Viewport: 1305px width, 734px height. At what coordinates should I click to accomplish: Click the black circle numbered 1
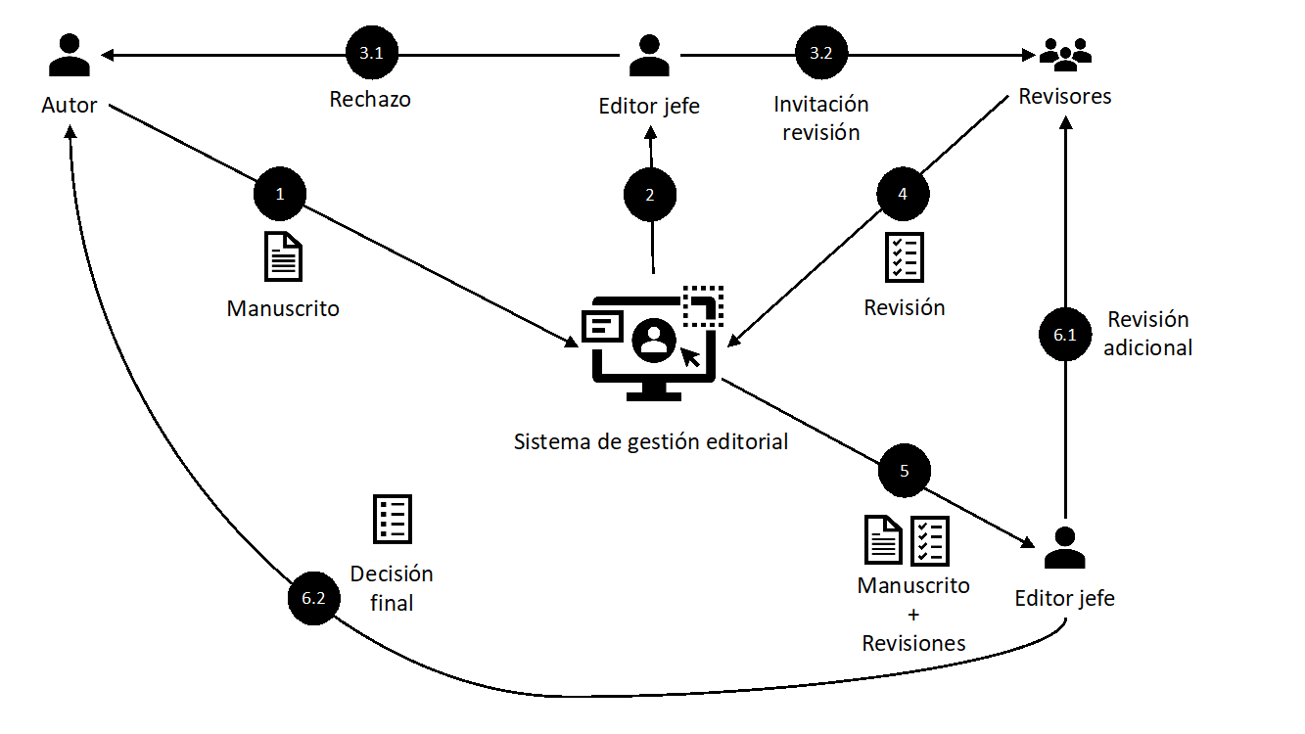[x=280, y=195]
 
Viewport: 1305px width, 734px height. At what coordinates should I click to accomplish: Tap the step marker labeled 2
[x=650, y=195]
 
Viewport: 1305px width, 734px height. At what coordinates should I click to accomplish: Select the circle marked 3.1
[x=371, y=55]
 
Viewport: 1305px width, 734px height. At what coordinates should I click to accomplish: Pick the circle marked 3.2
[x=821, y=55]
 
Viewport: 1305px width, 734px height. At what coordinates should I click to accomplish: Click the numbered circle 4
[x=903, y=195]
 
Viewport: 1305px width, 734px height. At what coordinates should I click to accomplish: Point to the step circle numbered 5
[x=904, y=471]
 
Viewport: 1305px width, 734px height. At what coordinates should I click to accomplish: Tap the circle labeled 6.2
[x=313, y=598]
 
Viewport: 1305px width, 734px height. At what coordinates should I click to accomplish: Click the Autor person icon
[x=70, y=55]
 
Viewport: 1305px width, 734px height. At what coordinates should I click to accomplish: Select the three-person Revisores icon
[x=1064, y=55]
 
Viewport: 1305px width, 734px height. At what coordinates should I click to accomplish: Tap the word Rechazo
[x=370, y=100]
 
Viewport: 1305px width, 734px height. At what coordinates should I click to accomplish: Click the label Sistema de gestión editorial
[x=651, y=441]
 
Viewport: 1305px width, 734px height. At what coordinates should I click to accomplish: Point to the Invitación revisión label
[x=821, y=117]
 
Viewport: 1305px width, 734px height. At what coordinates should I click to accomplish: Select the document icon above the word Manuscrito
[x=283, y=256]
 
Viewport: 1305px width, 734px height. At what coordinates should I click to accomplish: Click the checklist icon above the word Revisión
[x=904, y=256]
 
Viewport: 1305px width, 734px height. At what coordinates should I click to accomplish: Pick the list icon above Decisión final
[x=393, y=519]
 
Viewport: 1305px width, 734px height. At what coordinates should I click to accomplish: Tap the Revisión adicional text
[x=1148, y=333]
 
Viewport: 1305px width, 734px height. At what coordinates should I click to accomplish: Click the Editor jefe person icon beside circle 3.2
[x=649, y=55]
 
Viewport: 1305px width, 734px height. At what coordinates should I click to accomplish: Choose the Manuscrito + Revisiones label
[x=913, y=614]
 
